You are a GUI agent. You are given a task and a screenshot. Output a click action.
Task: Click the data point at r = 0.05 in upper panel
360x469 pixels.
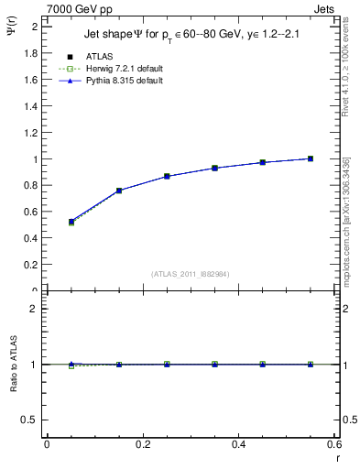tap(71, 222)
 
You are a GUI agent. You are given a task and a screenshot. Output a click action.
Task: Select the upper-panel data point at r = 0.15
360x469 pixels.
tap(118, 191)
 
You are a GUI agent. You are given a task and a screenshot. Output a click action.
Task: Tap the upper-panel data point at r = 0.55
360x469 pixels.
tap(311, 158)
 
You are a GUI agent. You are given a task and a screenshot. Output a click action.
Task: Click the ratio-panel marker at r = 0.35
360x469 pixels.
tap(214, 365)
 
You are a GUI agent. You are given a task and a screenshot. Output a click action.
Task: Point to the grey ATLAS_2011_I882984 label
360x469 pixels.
tap(190, 273)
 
